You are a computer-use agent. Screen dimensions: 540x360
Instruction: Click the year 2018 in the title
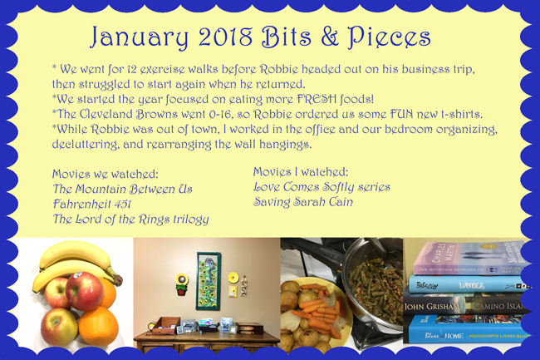(x=225, y=37)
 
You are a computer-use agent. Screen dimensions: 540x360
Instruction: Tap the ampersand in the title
(x=330, y=37)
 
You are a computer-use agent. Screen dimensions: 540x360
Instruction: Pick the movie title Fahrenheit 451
(x=92, y=204)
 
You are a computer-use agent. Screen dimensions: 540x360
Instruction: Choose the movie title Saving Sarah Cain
(x=303, y=202)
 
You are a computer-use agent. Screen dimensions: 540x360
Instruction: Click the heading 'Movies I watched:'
(x=301, y=172)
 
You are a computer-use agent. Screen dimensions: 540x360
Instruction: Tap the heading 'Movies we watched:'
(x=105, y=174)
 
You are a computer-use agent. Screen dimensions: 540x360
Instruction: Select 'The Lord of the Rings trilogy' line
(x=131, y=219)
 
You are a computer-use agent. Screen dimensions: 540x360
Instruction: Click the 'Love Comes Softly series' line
(x=322, y=187)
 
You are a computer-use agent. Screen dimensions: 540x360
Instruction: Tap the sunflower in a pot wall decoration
(x=181, y=284)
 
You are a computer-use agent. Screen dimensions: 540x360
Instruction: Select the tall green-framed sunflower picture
(x=209, y=281)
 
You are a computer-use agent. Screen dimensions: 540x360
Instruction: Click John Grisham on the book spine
(x=432, y=306)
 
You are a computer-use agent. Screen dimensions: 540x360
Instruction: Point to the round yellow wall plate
(x=233, y=277)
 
